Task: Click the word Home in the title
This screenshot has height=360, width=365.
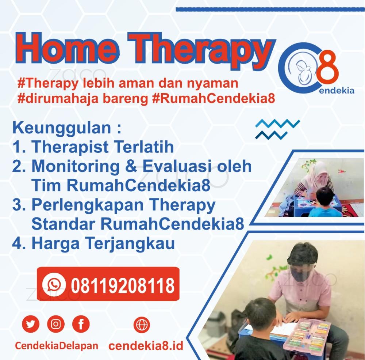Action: [66, 48]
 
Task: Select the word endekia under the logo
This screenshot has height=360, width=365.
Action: [337, 91]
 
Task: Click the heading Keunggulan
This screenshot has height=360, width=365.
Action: [62, 128]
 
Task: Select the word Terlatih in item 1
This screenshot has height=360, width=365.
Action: [145, 147]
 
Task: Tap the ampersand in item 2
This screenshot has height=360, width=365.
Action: [131, 166]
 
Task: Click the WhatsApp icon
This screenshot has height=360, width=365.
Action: [54, 284]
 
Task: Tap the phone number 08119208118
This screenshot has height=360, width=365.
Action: [123, 285]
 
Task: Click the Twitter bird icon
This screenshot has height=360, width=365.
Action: [31, 324]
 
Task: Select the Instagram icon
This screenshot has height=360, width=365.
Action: [55, 324]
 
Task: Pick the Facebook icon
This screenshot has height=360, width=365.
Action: [81, 324]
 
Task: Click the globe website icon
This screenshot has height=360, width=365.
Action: [142, 325]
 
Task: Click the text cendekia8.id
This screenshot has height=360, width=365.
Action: [146, 345]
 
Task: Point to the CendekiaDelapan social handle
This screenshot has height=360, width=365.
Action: [57, 346]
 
